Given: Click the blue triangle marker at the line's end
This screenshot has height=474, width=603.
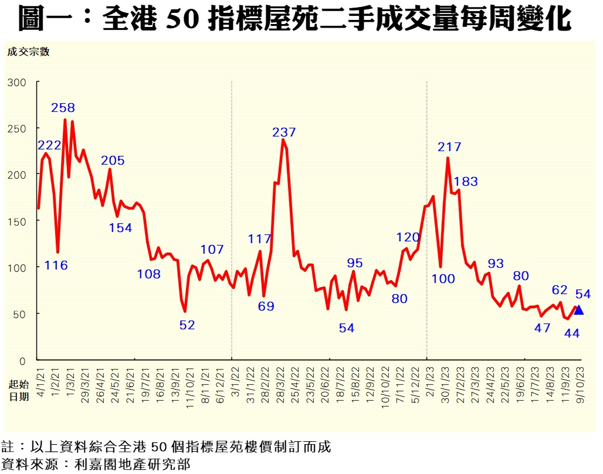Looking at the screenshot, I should click(579, 310).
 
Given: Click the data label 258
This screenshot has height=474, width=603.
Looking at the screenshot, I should click(63, 108).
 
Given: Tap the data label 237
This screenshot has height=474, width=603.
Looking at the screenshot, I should click(284, 132).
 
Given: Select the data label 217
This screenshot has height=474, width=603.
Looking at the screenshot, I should click(450, 147).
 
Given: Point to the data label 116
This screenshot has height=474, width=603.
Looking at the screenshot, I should click(56, 265).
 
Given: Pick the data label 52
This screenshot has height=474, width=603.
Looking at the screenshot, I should click(187, 325).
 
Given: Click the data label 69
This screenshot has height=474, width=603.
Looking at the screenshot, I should click(266, 306).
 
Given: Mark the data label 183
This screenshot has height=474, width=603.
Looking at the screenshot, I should click(466, 182).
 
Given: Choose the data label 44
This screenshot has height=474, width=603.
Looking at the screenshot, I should click(572, 333).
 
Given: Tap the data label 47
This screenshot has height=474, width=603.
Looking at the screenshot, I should click(543, 328).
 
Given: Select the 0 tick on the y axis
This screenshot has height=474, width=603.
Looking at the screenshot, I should click(23, 360).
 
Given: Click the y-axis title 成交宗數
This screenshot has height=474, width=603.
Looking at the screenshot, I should click(28, 52).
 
